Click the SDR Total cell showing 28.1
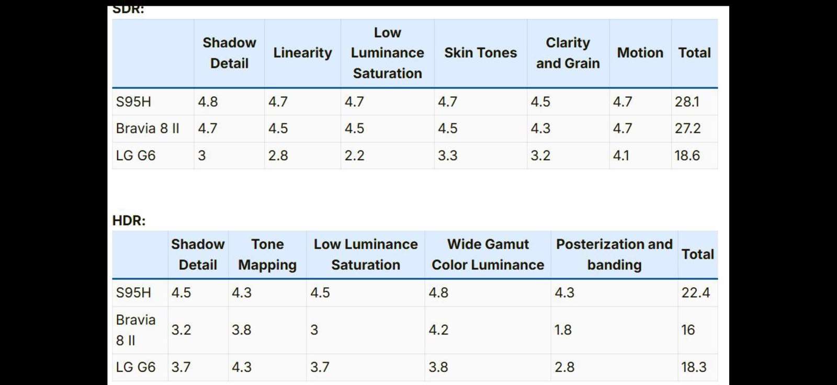pyautogui.click(x=687, y=101)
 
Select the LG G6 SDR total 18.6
pyautogui.click(x=687, y=155)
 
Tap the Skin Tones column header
pyautogui.click(x=481, y=53)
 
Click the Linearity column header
pyautogui.click(x=303, y=53)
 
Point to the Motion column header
pyautogui.click(x=640, y=53)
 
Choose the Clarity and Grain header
pyautogui.click(x=568, y=53)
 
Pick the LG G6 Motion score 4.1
pyautogui.click(x=620, y=155)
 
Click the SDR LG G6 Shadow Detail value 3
pyautogui.click(x=202, y=155)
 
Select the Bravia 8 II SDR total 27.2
pyautogui.click(x=687, y=129)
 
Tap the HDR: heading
pyautogui.click(x=129, y=221)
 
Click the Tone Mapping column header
pyautogui.click(x=267, y=255)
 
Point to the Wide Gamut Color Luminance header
pyautogui.click(x=488, y=255)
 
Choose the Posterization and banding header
pyautogui.click(x=614, y=255)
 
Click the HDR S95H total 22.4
pyautogui.click(x=695, y=293)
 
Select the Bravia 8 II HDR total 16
pyautogui.click(x=688, y=330)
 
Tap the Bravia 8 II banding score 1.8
pyautogui.click(x=563, y=330)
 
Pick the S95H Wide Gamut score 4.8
pyautogui.click(x=438, y=293)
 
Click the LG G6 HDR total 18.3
pyautogui.click(x=694, y=367)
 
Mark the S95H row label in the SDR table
pyautogui.click(x=133, y=101)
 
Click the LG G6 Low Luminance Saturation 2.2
pyautogui.click(x=354, y=155)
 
